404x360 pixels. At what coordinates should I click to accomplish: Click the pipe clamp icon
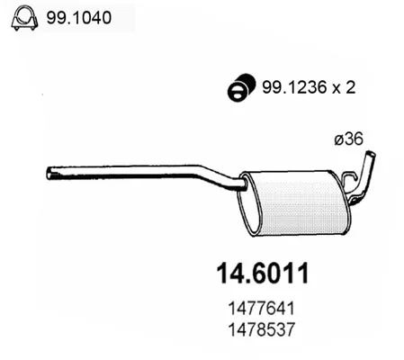coord(24,18)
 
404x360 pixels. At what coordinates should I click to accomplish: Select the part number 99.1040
coord(79,18)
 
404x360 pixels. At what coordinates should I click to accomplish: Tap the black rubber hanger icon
coord(241,86)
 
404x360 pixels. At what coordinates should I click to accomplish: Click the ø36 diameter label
coord(348,139)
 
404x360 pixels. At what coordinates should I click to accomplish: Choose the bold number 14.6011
coord(263,274)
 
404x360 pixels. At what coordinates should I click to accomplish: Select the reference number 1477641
coord(262,308)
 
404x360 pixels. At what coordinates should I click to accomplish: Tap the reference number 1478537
coord(262,329)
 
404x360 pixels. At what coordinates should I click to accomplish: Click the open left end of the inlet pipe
coord(49,174)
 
